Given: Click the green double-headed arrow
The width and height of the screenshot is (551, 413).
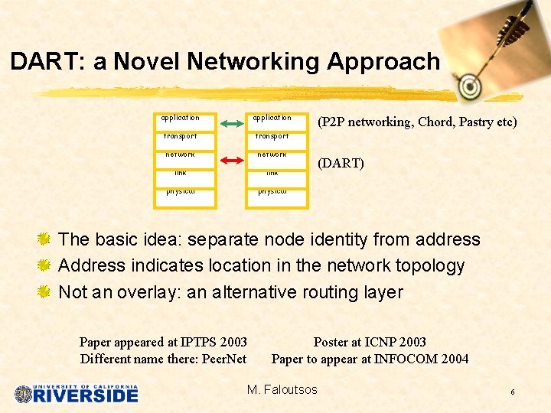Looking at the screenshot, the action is pos(234,121).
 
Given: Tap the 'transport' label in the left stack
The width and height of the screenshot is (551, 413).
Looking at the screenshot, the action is pos(181,136).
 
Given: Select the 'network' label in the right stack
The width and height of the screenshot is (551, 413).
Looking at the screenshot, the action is pos(272,154).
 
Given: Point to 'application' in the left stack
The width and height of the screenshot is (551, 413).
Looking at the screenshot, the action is pos(181,118).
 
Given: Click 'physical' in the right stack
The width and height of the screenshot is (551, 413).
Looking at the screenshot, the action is pos(272,191).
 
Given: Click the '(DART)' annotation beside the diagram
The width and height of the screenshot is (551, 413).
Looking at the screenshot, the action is pos(341,164).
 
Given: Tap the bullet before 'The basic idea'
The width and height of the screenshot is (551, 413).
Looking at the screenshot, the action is pos(44,239).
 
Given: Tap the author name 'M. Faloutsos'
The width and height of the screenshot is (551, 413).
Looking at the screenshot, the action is pos(282,390).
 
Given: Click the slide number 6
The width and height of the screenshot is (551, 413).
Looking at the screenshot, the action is pos(512,392).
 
